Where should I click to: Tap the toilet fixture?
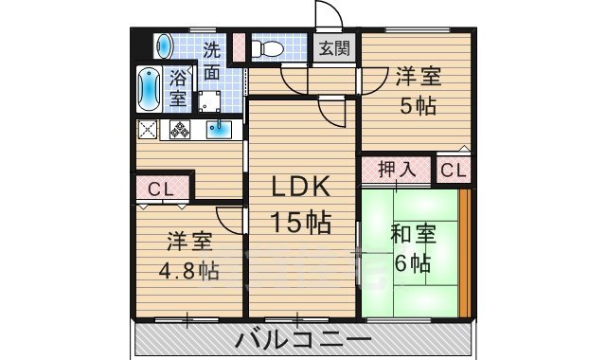coord(272,47)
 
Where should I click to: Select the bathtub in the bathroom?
coord(150,91)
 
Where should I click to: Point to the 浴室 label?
coord(178,88)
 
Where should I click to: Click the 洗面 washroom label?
coord(212,60)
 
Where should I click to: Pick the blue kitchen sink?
coord(223,130)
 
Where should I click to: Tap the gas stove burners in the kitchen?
coord(180,130)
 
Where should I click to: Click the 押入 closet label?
coord(396,171)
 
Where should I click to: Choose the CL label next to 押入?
coord(452,171)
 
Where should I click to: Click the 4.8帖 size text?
coord(188,271)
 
